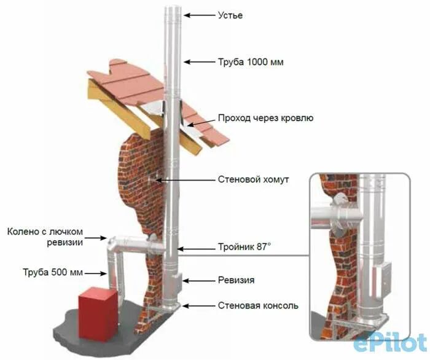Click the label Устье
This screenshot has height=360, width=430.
coord(230,15)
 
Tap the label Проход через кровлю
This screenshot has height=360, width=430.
coord(265,118)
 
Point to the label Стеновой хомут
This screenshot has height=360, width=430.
coord(253,180)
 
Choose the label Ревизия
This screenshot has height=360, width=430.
coord(236,280)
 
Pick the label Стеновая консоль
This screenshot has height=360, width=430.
coord(258,305)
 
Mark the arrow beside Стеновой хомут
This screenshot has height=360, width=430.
coord(184,180)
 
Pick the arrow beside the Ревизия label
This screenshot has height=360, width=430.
coord(197,280)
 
